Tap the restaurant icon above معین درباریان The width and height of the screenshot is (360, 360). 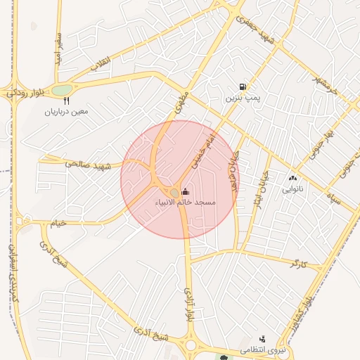coord(67,101)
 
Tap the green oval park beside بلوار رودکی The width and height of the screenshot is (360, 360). coord(62,90)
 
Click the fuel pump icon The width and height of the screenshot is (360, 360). coord(243,86)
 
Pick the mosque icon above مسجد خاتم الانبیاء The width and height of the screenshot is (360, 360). coord(186,191)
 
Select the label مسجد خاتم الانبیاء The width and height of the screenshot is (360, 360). coord(186,202)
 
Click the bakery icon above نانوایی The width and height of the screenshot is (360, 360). coord(292,179)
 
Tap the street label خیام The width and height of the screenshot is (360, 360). coord(56,224)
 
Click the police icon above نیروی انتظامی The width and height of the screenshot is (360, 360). coord(263,339)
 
